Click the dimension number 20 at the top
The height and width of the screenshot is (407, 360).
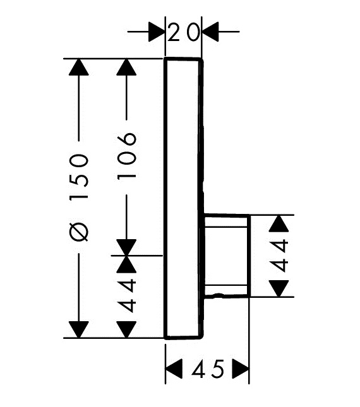tap(184, 32)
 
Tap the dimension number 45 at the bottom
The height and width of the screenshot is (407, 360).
tap(208, 369)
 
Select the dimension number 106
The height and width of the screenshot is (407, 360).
tap(127, 157)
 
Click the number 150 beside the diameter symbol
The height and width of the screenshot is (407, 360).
tap(79, 177)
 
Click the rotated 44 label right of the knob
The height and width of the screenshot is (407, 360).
tap(279, 256)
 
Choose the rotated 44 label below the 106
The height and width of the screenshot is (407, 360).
tap(126, 295)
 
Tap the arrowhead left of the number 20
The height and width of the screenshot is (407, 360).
tap(157, 32)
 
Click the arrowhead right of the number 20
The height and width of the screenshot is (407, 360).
tap(210, 32)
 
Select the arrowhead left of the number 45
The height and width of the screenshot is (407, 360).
tap(174, 369)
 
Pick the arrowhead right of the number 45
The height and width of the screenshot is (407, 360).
tap(241, 369)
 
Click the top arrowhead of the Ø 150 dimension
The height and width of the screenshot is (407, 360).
tap(79, 68)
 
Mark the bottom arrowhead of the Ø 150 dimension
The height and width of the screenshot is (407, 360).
tap(79, 329)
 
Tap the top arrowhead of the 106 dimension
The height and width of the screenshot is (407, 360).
tap(126, 68)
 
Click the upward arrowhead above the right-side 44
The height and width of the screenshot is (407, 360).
tap(279, 223)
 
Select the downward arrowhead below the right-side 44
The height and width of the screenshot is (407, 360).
tap(279, 288)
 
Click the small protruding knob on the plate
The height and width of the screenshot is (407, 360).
tap(227, 256)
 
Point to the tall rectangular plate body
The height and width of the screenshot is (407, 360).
tap(183, 199)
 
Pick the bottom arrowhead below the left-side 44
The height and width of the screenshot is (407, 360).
tap(126, 329)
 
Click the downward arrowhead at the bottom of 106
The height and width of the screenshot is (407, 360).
tap(126, 247)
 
